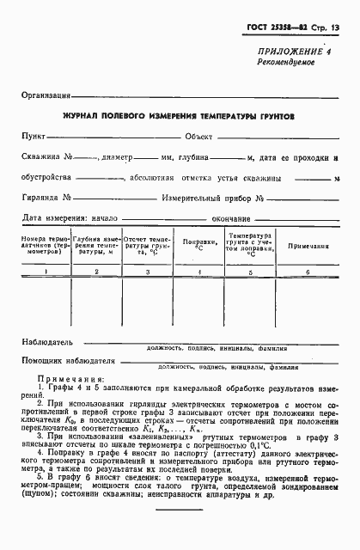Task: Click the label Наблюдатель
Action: (48, 341)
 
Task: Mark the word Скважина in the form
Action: (44, 157)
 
